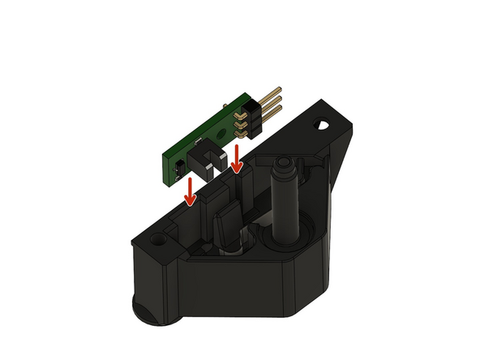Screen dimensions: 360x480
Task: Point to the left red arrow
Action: pyautogui.click(x=190, y=191)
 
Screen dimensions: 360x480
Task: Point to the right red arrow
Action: pyautogui.click(x=235, y=159)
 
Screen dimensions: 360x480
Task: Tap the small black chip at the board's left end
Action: pyautogui.click(x=176, y=169)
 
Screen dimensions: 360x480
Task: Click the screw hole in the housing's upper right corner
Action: pyautogui.click(x=324, y=126)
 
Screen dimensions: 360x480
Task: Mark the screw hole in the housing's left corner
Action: pyautogui.click(x=156, y=242)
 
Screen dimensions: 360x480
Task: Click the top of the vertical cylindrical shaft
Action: pyautogui.click(x=285, y=166)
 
